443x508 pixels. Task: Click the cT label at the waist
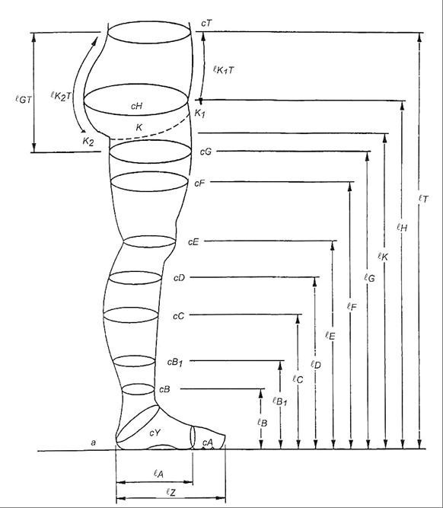(206, 24)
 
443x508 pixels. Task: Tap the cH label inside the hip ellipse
(137, 106)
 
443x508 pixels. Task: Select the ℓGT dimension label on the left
(24, 99)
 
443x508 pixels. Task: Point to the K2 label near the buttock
(88, 141)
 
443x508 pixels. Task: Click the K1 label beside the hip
(199, 113)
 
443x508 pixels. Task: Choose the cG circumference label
(206, 152)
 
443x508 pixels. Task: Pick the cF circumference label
(199, 184)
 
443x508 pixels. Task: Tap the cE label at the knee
(193, 242)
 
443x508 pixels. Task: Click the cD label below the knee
(179, 278)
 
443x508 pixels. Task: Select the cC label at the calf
(178, 316)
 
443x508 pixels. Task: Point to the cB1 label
(175, 363)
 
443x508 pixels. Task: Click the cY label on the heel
(155, 432)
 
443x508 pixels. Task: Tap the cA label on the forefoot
(208, 442)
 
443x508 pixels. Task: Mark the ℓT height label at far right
(423, 199)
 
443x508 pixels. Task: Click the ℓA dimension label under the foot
(158, 474)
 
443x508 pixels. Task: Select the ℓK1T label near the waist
(223, 69)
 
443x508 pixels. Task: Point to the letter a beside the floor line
(94, 443)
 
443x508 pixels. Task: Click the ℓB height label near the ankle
(262, 422)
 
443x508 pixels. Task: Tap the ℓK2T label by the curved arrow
(61, 96)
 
